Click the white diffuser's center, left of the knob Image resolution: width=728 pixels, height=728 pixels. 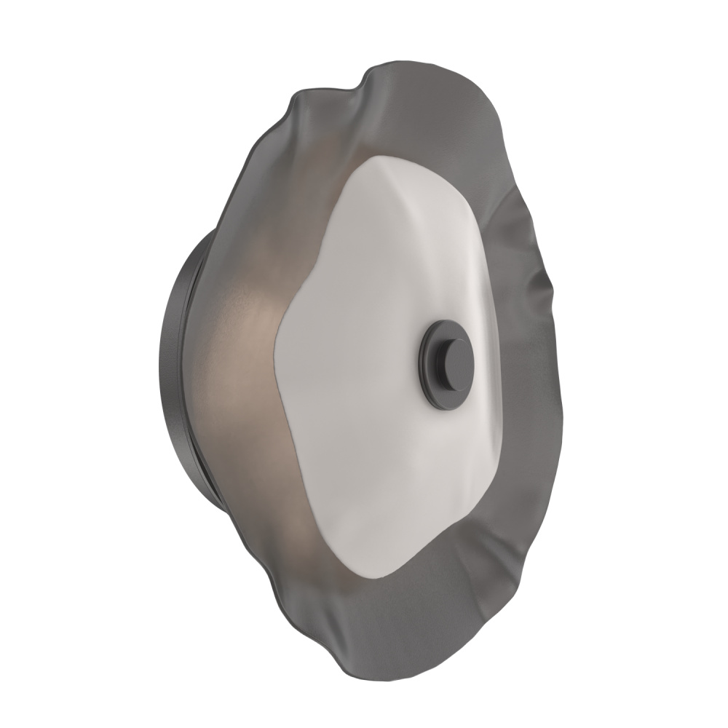(364, 364)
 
